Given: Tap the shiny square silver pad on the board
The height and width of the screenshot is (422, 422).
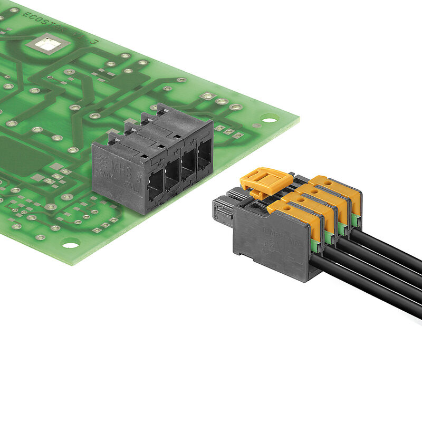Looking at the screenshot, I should click(x=47, y=44).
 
